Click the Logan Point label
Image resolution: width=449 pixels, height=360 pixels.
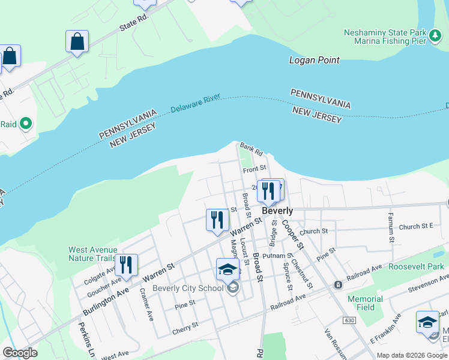point(315,60)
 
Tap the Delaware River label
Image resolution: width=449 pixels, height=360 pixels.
point(196,103)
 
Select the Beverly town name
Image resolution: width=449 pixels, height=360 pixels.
point(278,211)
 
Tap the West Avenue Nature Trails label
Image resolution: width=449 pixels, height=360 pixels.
point(92,254)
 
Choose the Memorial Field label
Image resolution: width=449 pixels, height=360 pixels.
point(365,303)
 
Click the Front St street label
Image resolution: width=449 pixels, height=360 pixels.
point(254,170)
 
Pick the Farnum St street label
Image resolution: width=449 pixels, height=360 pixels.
point(391,227)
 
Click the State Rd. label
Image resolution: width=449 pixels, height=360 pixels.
point(133,26)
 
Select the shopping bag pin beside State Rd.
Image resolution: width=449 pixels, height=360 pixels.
point(77,42)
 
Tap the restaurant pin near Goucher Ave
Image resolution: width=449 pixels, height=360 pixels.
point(126,264)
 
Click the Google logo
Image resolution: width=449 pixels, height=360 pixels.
point(20,353)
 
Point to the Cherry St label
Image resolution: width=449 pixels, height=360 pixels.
point(186,326)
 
